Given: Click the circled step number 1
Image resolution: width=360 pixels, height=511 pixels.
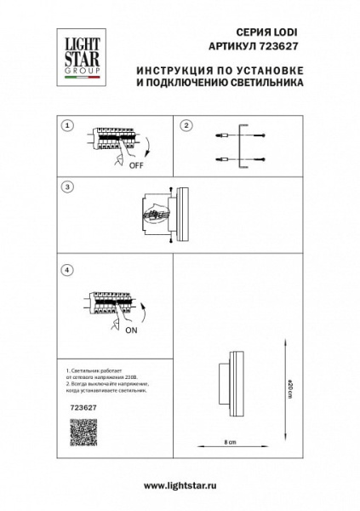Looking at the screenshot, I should point(66,125).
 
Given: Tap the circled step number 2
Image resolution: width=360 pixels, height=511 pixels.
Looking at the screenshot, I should point(186,125).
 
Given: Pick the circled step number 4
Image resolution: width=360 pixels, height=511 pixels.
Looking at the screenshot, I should point(66,270).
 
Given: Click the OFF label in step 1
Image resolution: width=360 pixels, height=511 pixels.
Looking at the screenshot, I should point(134,167).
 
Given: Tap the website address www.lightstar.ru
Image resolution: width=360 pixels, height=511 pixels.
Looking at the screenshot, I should point(180,486).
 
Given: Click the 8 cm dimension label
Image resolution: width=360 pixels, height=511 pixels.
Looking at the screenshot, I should point(220,444).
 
